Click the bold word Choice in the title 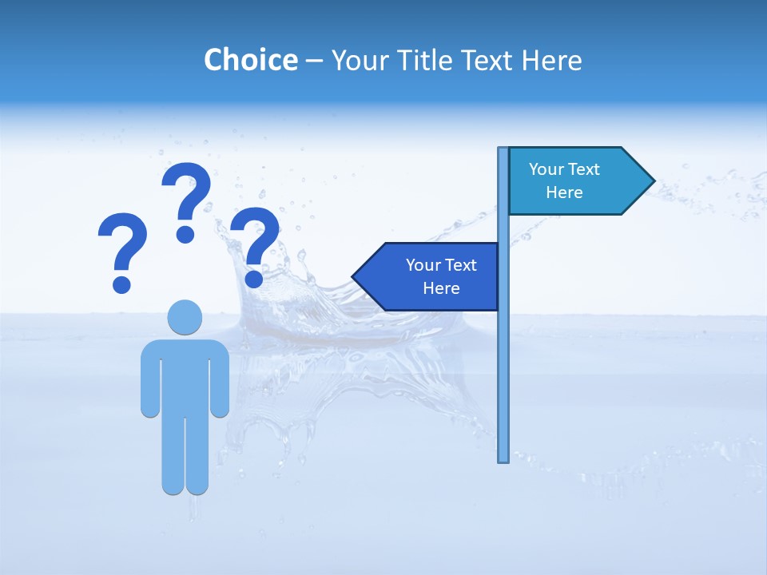pyautogui.click(x=250, y=60)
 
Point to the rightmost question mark pyautogui.click(x=255, y=244)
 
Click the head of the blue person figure pyautogui.click(x=185, y=317)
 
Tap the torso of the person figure pyautogui.click(x=185, y=375)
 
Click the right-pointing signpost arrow pyautogui.click(x=575, y=180)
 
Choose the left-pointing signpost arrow pyautogui.click(x=431, y=276)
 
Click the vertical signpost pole pyautogui.click(x=503, y=359)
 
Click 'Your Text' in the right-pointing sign pyautogui.click(x=564, y=169)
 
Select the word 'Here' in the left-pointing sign pyautogui.click(x=441, y=288)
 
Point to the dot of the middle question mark pyautogui.click(x=185, y=234)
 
